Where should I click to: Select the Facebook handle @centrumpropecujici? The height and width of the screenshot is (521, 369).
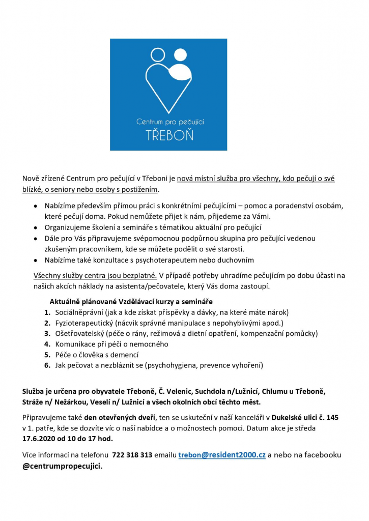tap(62, 466)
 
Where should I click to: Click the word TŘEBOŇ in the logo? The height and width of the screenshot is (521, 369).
tap(168, 135)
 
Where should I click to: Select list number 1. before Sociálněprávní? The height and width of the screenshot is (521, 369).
tap(47, 312)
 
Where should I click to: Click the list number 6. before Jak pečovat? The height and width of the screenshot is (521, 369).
tap(47, 365)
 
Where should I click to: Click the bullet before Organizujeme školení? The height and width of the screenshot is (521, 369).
tap(35, 227)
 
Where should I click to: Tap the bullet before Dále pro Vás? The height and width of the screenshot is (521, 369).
tap(35, 238)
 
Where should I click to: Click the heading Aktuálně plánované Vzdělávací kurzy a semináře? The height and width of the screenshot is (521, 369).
tap(131, 301)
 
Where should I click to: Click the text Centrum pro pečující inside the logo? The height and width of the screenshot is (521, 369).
tap(168, 122)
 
